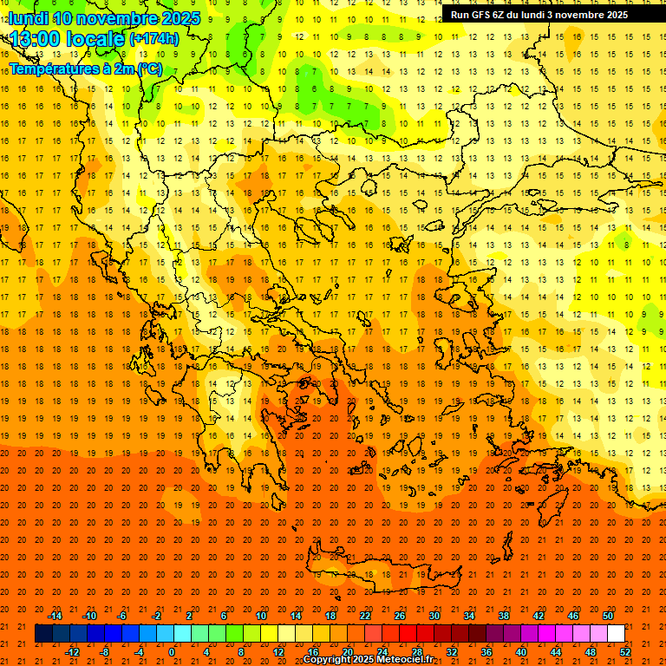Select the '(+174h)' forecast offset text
pyautogui.click(x=154, y=39)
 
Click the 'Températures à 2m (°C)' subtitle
pyautogui.click(x=86, y=68)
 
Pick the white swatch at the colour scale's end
pyautogui.click(x=616, y=634)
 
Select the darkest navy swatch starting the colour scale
pyautogui.click(x=43, y=634)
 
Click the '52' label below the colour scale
pyautogui.click(x=625, y=652)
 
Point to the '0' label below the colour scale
pyautogui.click(x=171, y=652)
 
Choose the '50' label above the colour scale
pyautogui.click(x=608, y=616)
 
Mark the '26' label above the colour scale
pyautogui.click(x=400, y=616)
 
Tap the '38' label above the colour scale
pyautogui.click(x=504, y=616)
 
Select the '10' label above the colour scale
pyautogui.click(x=261, y=616)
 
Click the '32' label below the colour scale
pyautogui.click(x=452, y=652)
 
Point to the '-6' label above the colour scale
pyautogui.click(x=122, y=616)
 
